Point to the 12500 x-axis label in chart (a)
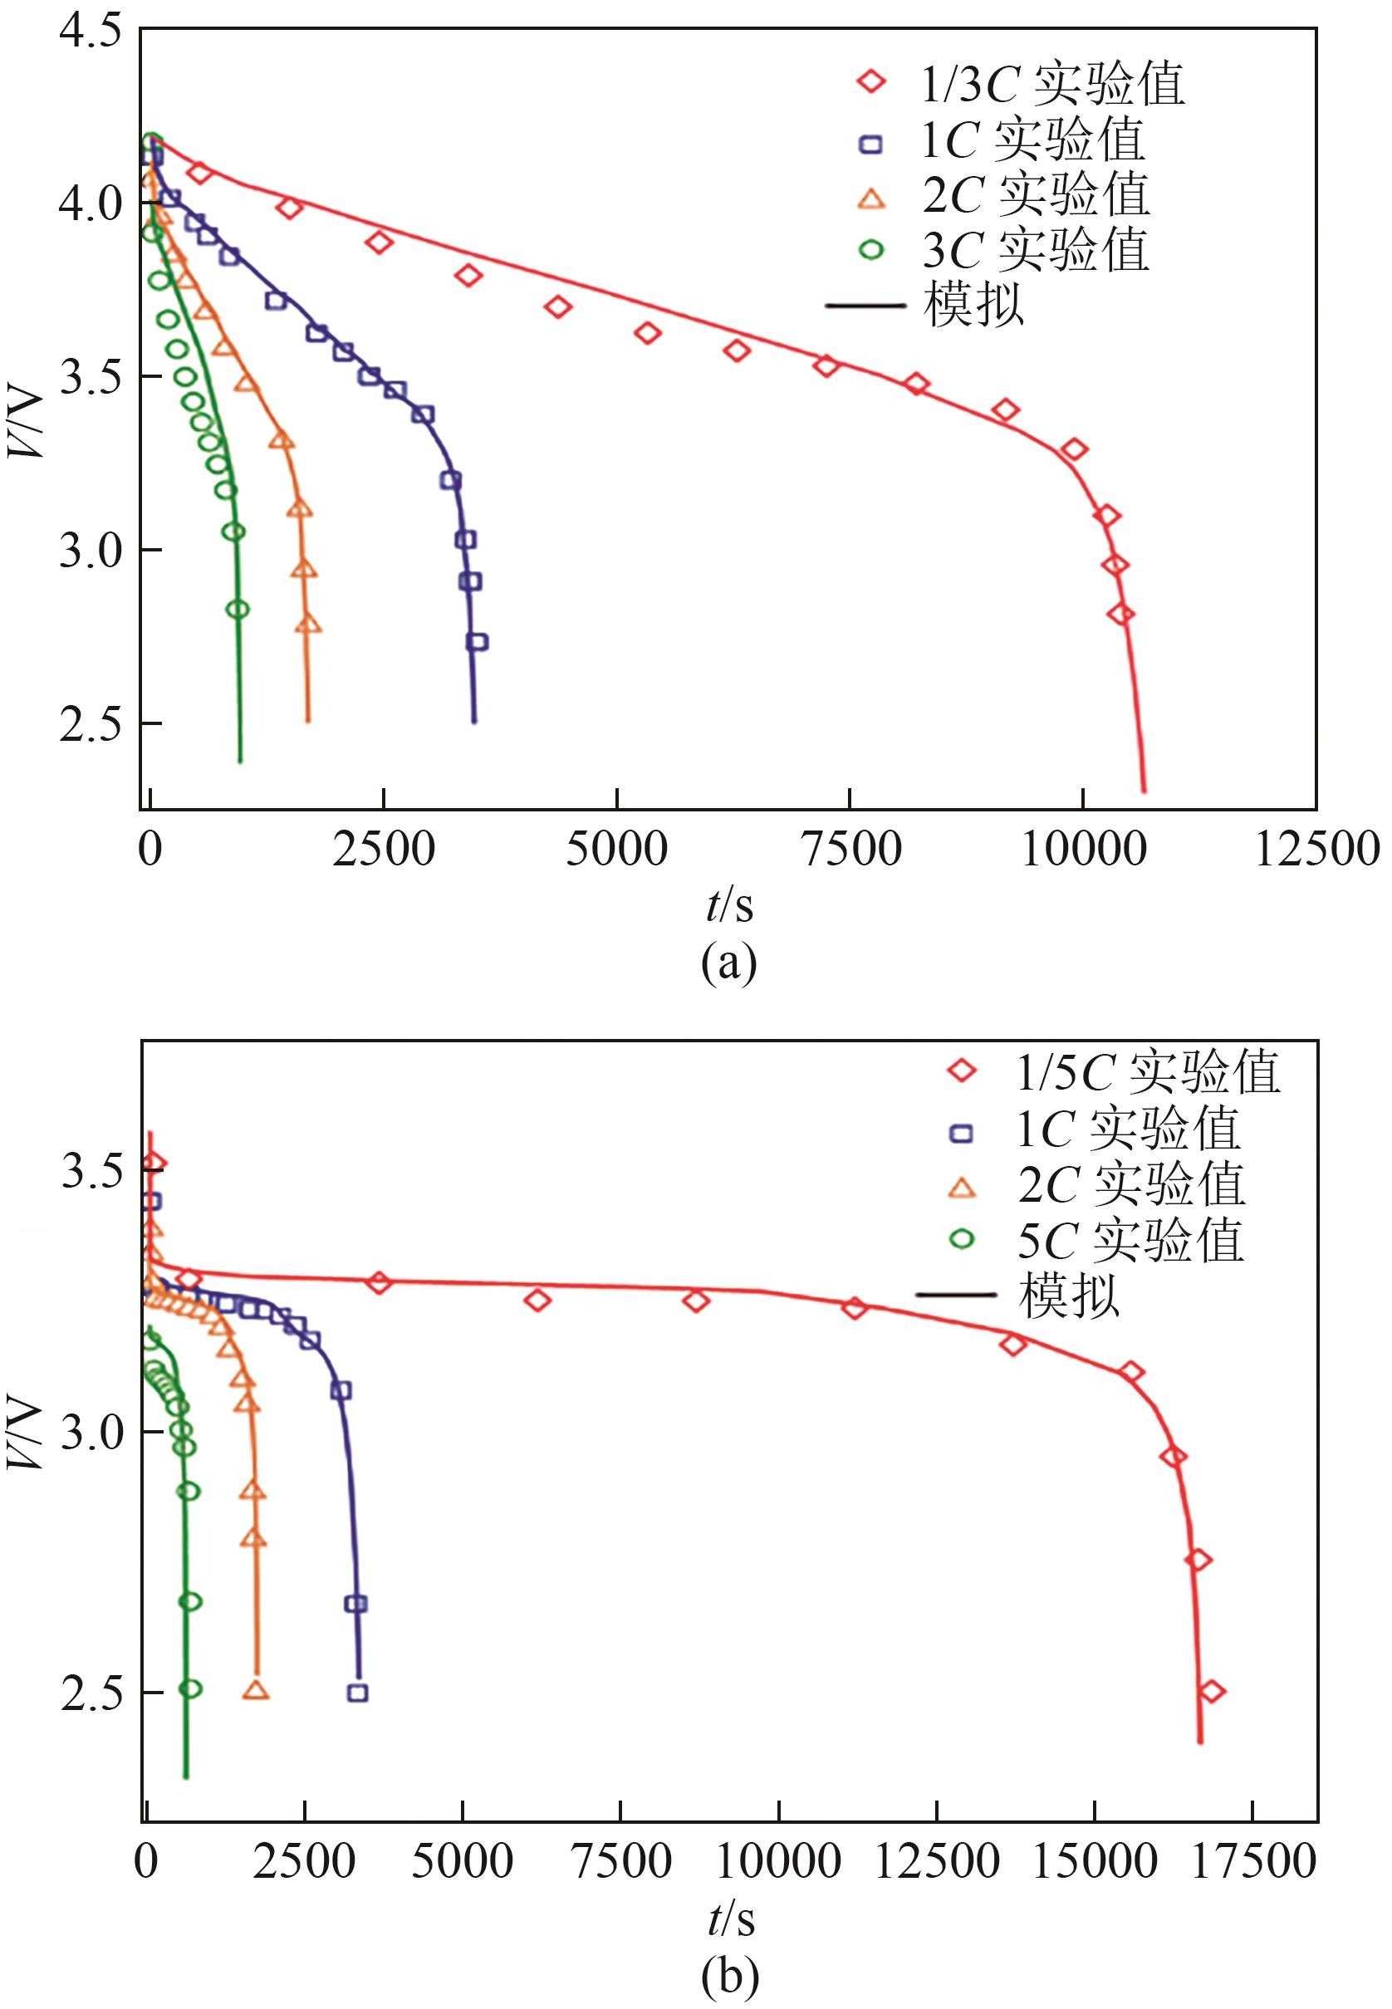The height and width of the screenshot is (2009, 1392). (x=1316, y=849)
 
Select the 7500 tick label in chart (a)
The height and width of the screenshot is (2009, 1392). (x=850, y=849)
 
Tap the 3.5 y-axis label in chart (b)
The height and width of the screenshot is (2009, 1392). (x=90, y=1172)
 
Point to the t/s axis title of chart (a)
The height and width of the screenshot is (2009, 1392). (x=729, y=906)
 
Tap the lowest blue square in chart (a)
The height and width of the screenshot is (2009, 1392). (x=477, y=643)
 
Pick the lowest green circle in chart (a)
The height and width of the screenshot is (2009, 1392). (x=238, y=609)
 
